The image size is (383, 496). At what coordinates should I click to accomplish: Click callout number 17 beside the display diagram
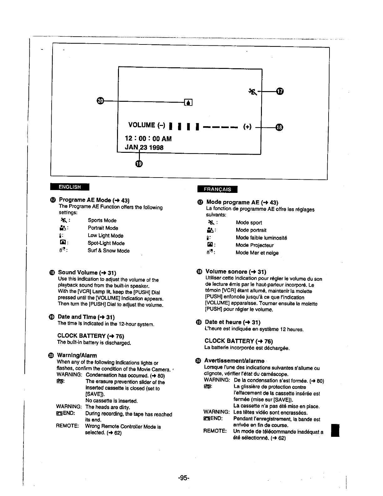tap(280, 91)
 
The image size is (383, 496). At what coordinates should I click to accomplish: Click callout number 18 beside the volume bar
tap(279, 127)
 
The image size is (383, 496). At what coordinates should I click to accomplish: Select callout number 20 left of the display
tap(100, 101)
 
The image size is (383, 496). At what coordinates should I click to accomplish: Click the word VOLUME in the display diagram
tap(142, 125)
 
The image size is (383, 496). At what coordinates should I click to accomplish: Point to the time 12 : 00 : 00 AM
tap(148, 138)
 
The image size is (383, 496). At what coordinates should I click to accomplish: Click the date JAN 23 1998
tap(144, 147)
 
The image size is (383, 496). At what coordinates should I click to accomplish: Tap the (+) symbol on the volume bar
tap(248, 127)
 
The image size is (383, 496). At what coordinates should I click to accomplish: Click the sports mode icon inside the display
tap(253, 92)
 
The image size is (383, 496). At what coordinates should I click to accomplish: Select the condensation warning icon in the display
tap(188, 102)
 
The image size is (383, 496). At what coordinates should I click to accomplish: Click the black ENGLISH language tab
tap(70, 187)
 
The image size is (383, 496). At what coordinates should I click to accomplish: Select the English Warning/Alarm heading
tap(77, 355)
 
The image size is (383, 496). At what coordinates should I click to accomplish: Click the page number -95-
tap(184, 478)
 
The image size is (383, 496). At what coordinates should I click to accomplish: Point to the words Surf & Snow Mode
tap(109, 251)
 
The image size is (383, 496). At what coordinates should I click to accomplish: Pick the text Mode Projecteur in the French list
tap(255, 245)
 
